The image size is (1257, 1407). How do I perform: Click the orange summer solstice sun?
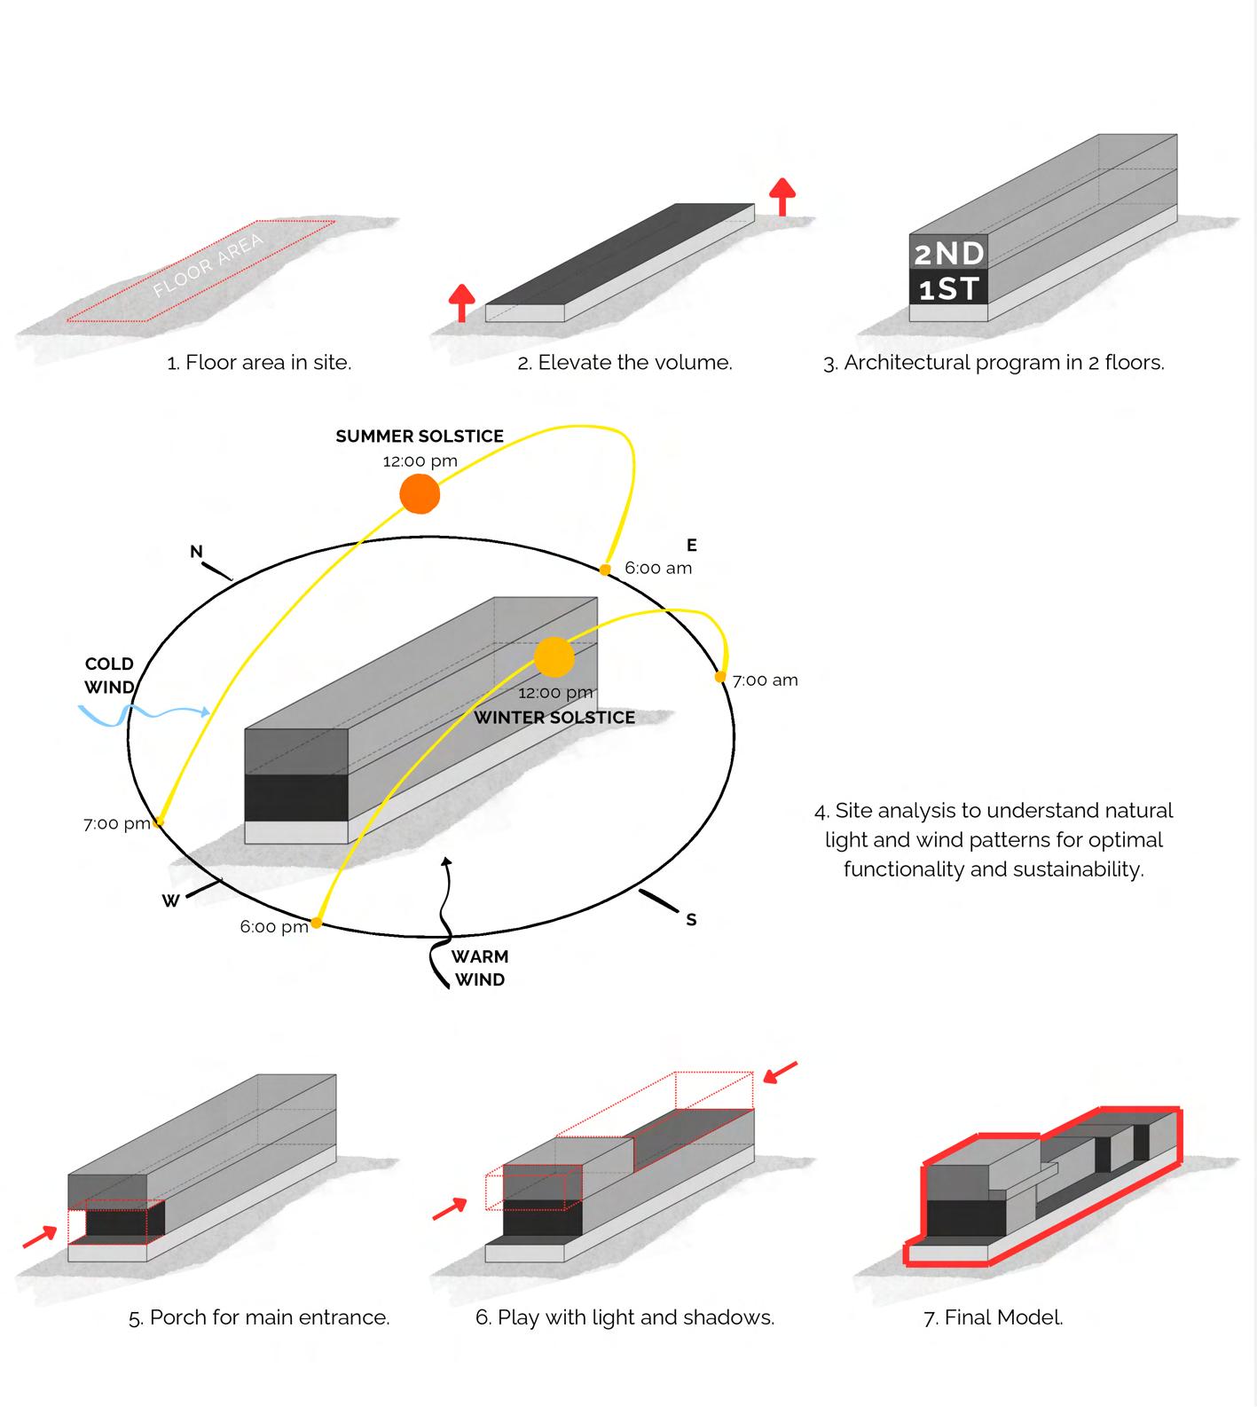[x=420, y=494]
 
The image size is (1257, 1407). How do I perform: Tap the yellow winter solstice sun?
[x=554, y=657]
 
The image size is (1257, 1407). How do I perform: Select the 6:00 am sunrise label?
[x=658, y=568]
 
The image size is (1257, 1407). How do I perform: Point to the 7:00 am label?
[x=765, y=680]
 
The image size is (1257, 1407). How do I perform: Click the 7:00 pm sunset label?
[x=117, y=823]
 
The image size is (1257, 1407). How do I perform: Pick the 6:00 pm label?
[x=274, y=927]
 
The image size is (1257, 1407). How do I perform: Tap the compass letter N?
[x=196, y=552]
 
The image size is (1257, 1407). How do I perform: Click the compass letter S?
[x=691, y=920]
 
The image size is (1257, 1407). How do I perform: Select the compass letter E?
[x=692, y=545]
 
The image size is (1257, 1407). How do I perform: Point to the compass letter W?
[x=171, y=901]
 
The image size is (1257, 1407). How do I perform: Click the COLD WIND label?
[x=109, y=675]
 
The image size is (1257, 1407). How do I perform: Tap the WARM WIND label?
[x=480, y=968]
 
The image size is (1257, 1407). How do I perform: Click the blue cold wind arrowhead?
[x=206, y=711]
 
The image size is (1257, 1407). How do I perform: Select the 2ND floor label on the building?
[x=949, y=254]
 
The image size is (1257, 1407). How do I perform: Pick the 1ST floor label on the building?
[x=949, y=288]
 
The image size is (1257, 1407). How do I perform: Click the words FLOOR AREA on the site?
[x=208, y=264]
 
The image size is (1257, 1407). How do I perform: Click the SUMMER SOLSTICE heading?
[x=420, y=436]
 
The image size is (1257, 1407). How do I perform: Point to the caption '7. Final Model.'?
[x=993, y=1317]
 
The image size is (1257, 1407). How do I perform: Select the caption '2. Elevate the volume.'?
[x=625, y=362]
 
